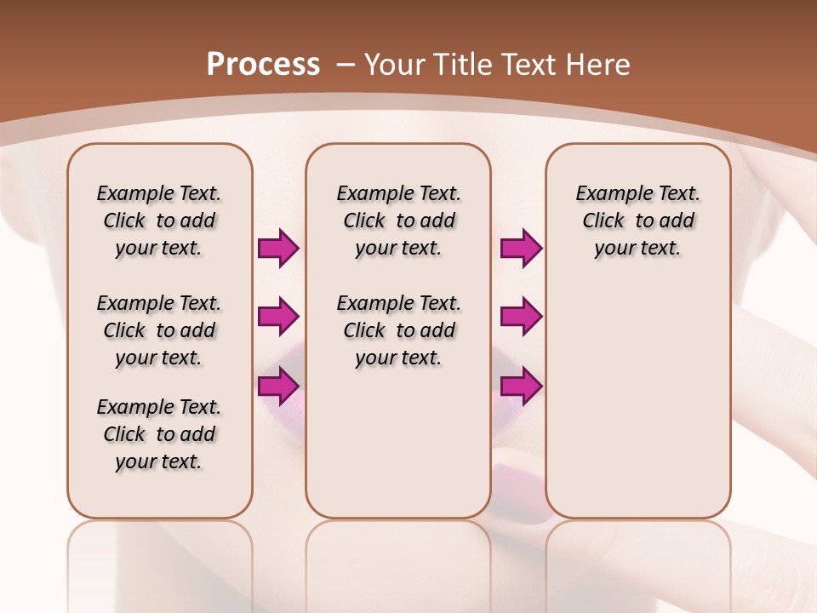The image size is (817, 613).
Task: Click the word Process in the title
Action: (x=263, y=65)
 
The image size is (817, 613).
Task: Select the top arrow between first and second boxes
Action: (x=278, y=249)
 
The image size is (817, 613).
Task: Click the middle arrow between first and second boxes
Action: (x=278, y=317)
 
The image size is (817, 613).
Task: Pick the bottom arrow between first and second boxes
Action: (x=278, y=386)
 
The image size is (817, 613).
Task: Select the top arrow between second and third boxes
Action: (x=521, y=249)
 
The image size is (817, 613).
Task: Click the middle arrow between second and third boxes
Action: (x=521, y=317)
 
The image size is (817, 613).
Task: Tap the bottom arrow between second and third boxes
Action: (x=521, y=386)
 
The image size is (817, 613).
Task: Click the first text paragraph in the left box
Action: (x=159, y=221)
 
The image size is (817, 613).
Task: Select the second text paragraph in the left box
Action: (x=159, y=330)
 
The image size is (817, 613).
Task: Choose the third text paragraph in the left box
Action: (x=159, y=434)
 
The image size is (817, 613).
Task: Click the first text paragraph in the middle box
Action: (x=399, y=221)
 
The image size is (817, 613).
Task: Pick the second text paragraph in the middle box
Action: (x=399, y=330)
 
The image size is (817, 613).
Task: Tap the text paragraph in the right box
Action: (x=638, y=221)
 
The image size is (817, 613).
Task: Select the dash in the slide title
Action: (x=345, y=65)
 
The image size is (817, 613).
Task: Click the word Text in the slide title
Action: (x=531, y=65)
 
